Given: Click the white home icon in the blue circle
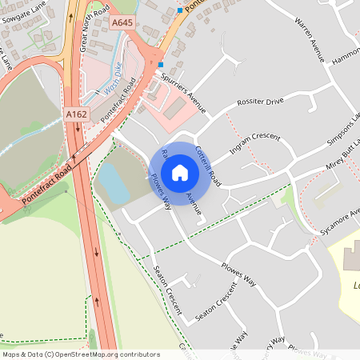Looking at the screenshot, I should point(180,172).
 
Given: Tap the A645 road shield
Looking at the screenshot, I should point(122,22).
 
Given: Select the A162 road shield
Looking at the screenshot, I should point(77,115).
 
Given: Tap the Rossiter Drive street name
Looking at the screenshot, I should point(260,102).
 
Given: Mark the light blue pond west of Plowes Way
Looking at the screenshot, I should point(114,188).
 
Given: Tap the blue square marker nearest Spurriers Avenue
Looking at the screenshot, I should point(160,64).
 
